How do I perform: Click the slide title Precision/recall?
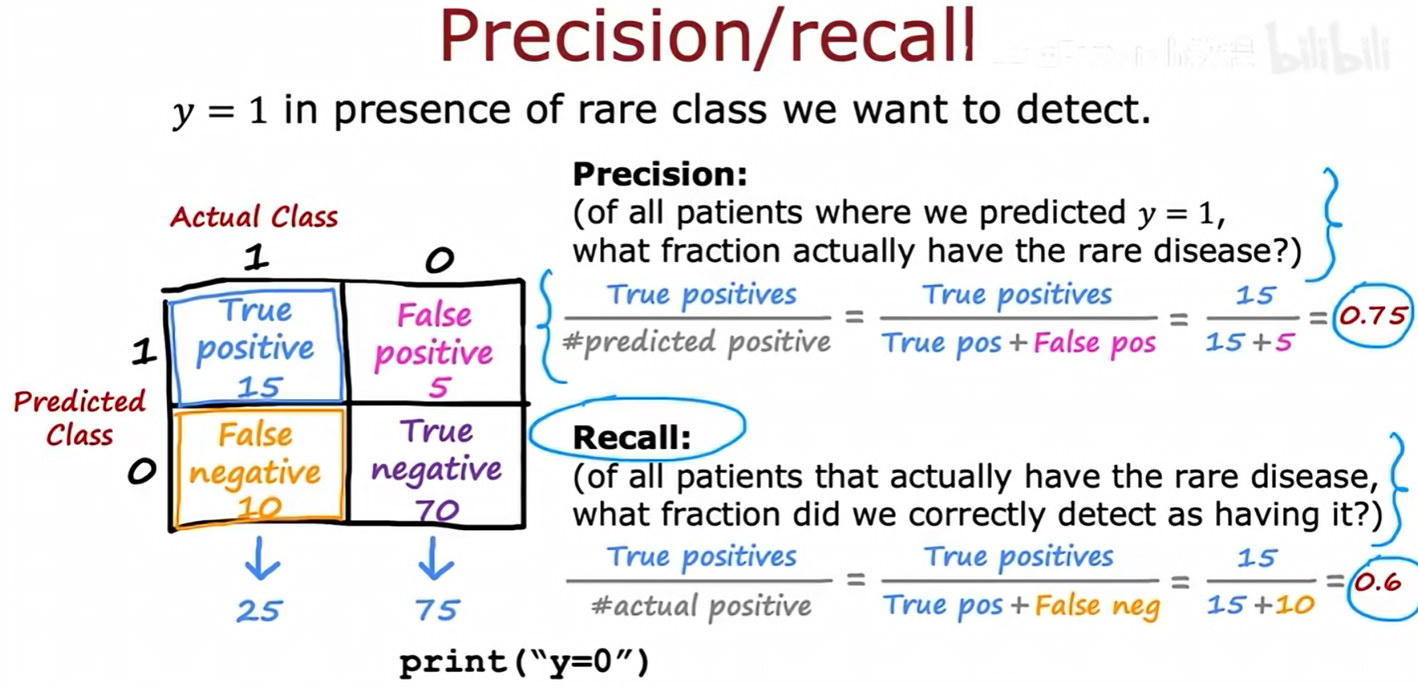[707, 37]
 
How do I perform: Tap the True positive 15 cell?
[256, 347]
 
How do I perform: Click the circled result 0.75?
[1373, 316]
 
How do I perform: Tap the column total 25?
[259, 610]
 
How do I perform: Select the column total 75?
[437, 610]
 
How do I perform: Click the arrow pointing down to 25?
[261, 558]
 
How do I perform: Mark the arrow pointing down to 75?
[435, 558]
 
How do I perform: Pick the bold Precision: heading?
[660, 173]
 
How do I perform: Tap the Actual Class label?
[254, 216]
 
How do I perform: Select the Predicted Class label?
[80, 418]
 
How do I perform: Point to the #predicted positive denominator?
[697, 342]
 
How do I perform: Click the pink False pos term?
[1094, 343]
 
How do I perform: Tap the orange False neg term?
[1097, 606]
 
